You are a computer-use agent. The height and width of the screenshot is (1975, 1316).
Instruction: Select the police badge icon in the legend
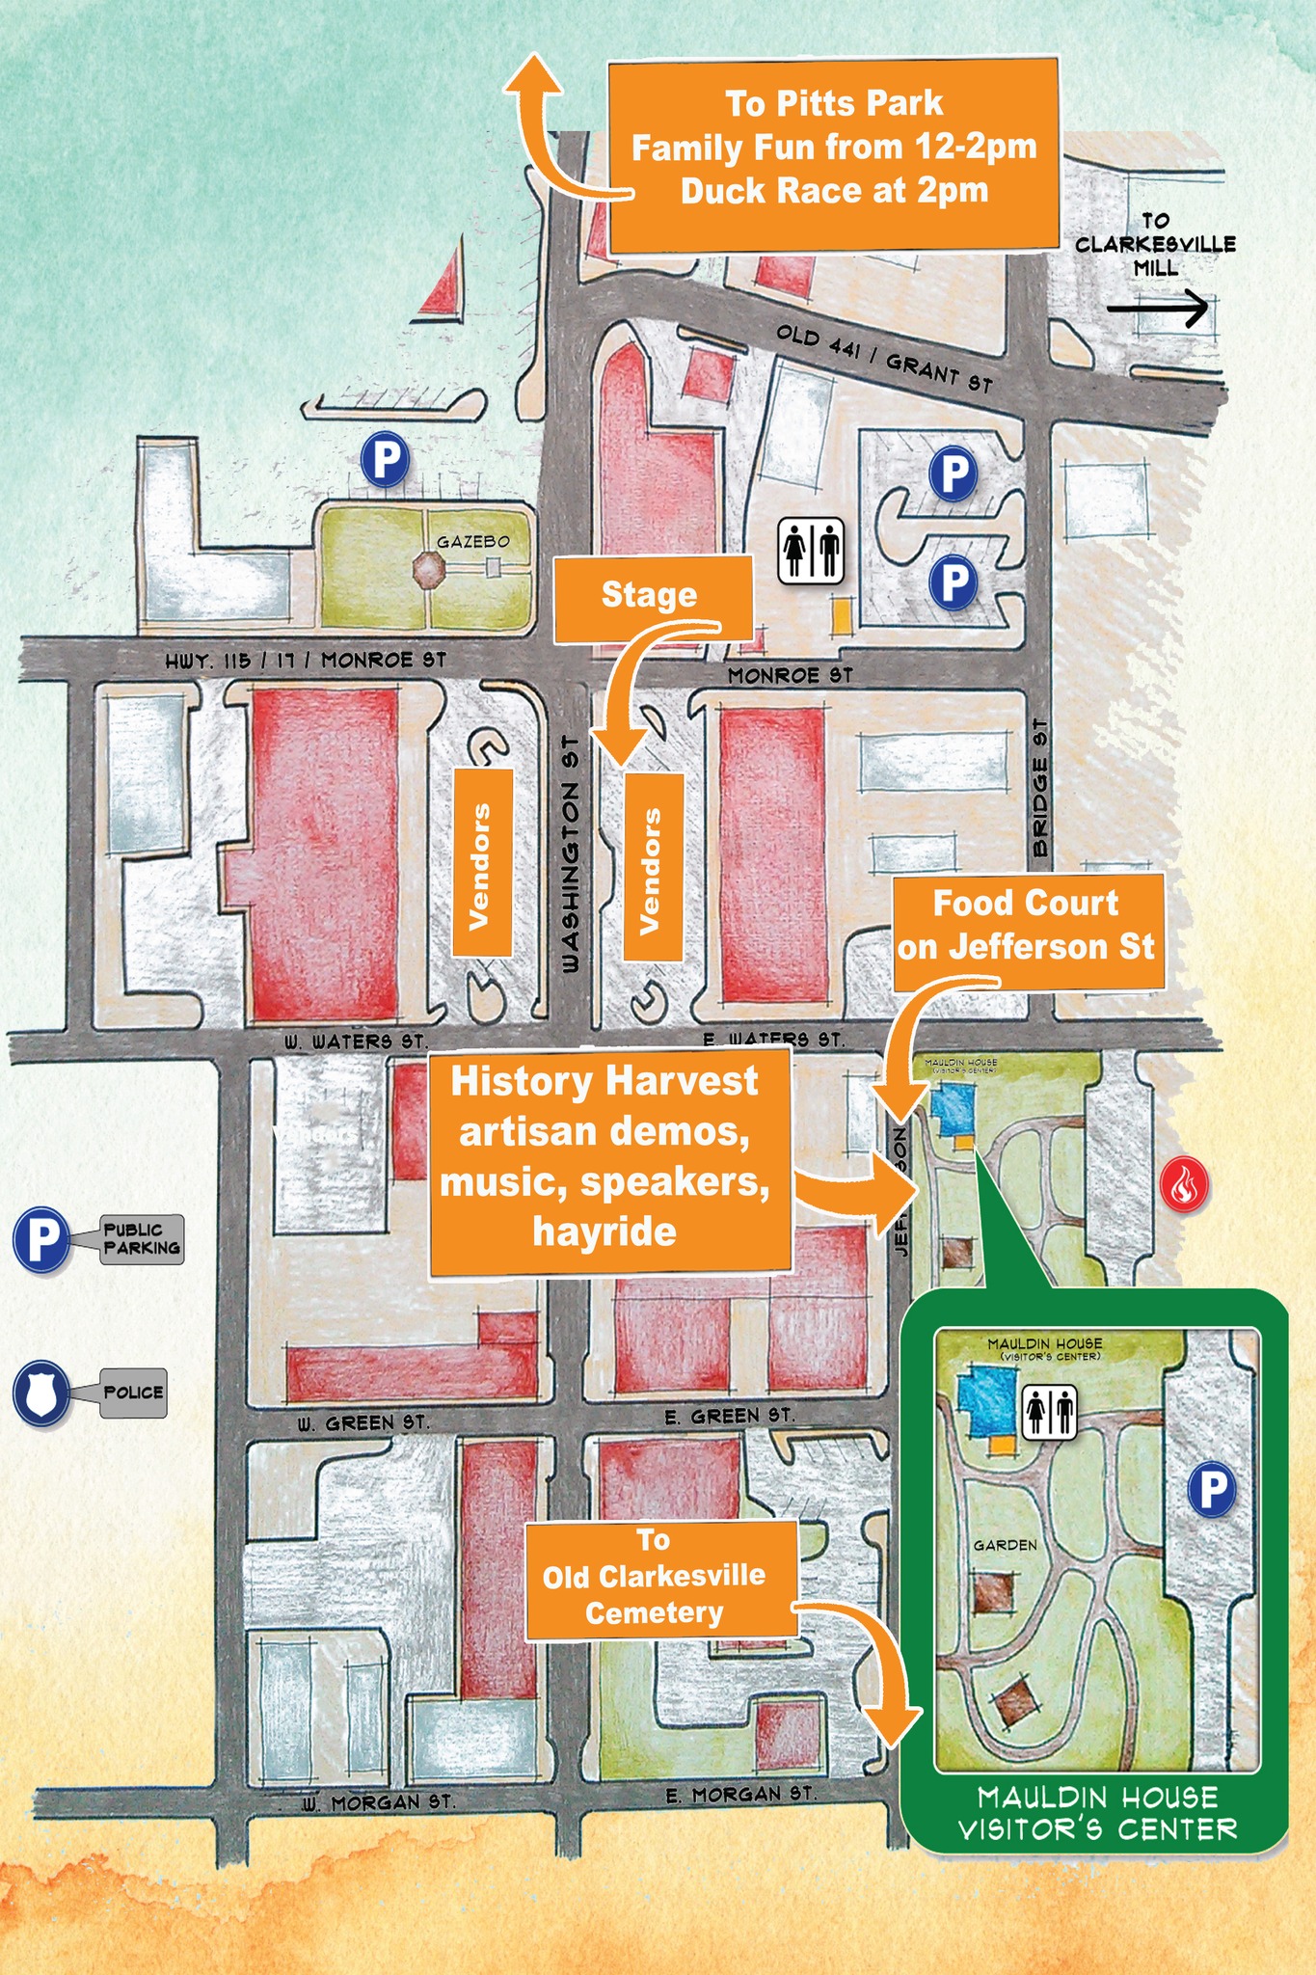(x=41, y=1393)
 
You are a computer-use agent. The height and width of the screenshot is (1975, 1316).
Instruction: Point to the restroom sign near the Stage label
(x=811, y=551)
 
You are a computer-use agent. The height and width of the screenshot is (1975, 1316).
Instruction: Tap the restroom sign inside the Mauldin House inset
(x=1049, y=1412)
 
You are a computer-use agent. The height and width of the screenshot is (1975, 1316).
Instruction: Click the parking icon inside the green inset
(x=1212, y=1489)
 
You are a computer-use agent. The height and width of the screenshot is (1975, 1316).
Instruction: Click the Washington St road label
(x=570, y=854)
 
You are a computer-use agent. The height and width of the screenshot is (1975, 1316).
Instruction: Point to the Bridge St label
(x=1040, y=788)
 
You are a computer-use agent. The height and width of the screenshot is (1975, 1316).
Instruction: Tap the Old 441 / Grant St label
(x=884, y=359)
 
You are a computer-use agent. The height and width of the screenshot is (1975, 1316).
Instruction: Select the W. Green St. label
(x=363, y=1422)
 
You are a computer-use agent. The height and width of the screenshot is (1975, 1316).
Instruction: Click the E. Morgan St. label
(x=740, y=1794)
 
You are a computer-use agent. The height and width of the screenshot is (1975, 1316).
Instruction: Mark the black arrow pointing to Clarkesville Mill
(x=1156, y=309)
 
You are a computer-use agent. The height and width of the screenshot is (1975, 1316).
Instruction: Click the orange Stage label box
(x=651, y=596)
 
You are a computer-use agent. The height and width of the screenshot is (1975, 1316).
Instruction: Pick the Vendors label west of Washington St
(x=479, y=866)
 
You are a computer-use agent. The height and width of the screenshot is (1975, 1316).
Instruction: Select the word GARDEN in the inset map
(x=1005, y=1545)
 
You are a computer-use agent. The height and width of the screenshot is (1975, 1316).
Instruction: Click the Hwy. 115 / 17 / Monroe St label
(x=306, y=662)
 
